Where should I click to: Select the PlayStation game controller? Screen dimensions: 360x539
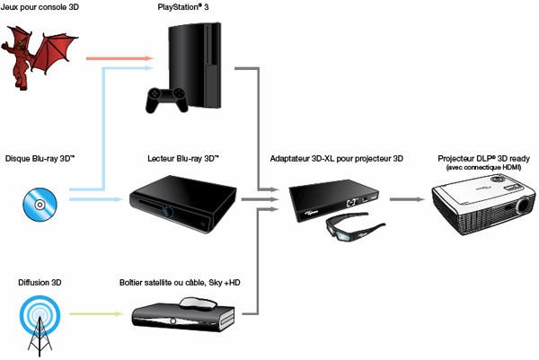[x=167, y=98]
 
